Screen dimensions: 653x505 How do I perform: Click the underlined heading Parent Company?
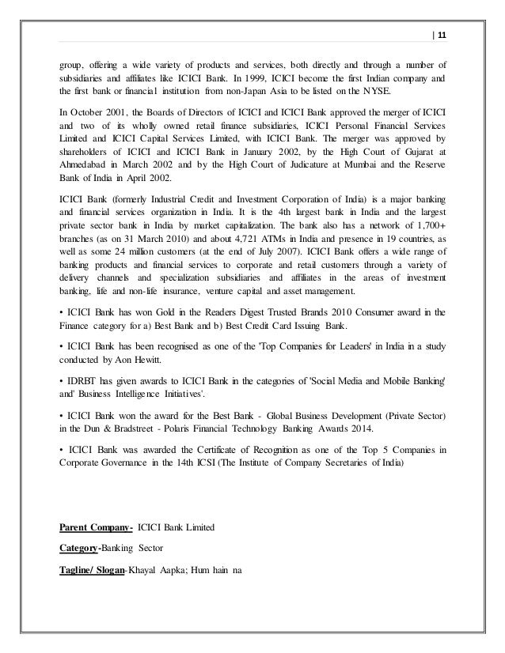[96, 526]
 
